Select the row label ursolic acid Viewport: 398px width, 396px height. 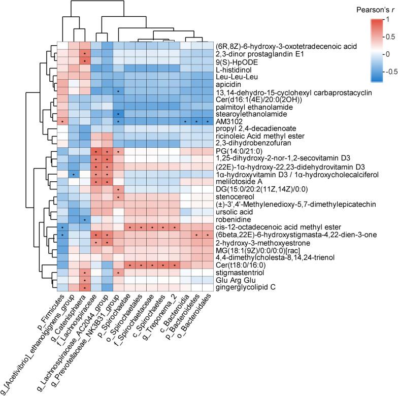coord(232,212)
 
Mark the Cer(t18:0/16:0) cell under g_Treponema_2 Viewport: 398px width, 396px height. coord(174,265)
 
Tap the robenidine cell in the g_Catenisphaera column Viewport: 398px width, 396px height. coord(84,220)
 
